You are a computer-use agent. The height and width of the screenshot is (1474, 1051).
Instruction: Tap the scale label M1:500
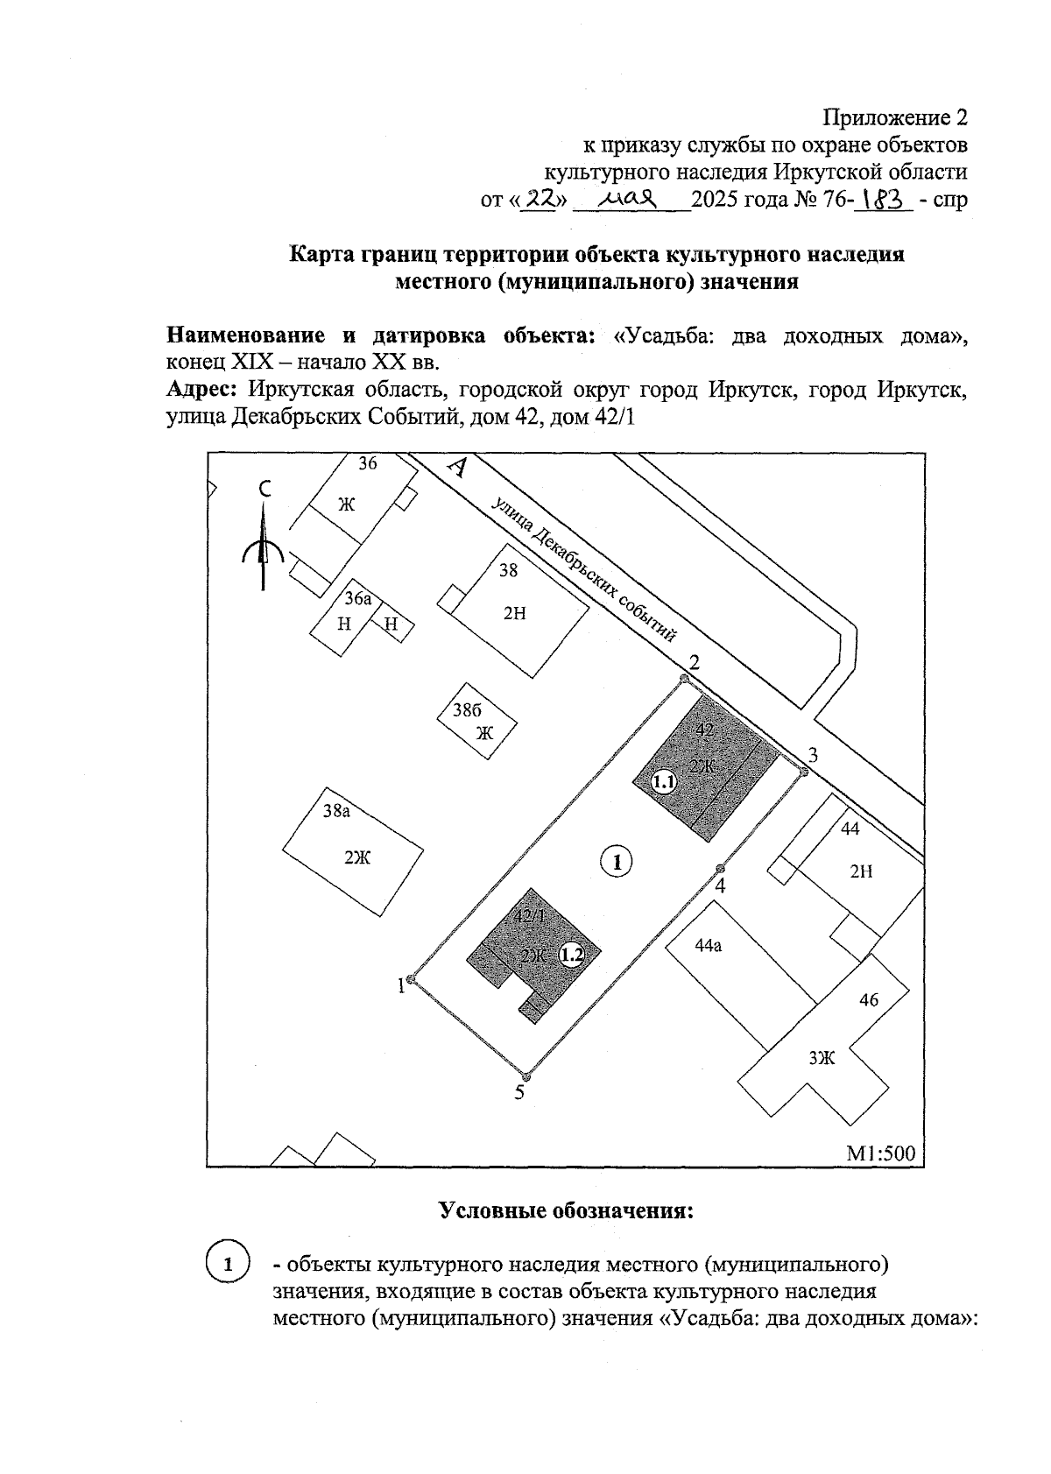coord(879,1153)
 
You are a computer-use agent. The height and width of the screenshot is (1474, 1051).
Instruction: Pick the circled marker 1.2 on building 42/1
coord(572,955)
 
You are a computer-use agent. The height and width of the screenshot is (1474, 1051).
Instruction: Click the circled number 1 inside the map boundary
coord(617,862)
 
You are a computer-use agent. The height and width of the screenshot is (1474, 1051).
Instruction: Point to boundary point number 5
coord(525,1076)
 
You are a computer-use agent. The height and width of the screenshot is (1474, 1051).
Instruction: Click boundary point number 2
coord(685,678)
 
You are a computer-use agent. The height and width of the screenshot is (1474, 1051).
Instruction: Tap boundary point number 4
coord(720,869)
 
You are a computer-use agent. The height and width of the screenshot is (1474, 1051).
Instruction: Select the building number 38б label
coord(468,710)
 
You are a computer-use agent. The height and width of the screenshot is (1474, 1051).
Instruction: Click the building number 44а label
coord(708,946)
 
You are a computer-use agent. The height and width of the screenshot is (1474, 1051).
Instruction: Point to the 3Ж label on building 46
coord(822,1058)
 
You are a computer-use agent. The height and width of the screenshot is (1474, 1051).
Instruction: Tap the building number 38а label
coord(337,811)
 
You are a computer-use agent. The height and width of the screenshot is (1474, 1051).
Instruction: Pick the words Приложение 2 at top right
coord(895,117)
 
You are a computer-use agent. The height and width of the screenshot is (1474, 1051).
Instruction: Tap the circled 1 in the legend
coord(227,1265)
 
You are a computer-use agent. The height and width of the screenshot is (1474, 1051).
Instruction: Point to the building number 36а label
coord(358,599)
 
